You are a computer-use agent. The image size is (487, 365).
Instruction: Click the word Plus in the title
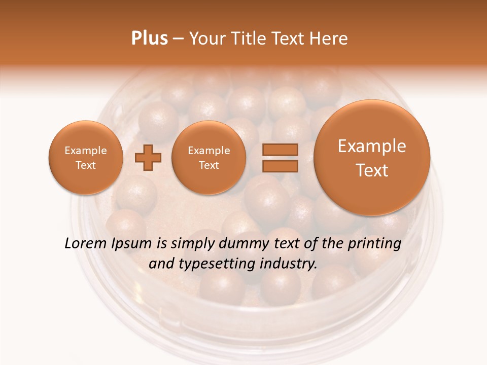[x=149, y=39]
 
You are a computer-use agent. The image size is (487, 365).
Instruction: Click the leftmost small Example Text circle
[x=86, y=158]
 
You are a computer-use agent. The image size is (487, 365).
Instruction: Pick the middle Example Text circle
[x=209, y=158]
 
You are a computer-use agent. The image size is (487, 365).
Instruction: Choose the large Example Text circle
[x=372, y=158]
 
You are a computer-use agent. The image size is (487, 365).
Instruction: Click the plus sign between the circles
[x=148, y=158]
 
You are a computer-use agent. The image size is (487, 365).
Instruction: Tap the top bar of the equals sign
[x=280, y=150]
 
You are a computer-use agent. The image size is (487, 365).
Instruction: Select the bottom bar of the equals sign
[x=280, y=166]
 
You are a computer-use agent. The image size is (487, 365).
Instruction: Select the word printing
[x=374, y=244]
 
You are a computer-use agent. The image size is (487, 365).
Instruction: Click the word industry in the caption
[x=287, y=264]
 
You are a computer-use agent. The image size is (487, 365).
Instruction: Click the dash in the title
[x=178, y=39]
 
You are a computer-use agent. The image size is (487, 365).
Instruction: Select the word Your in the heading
[x=207, y=39]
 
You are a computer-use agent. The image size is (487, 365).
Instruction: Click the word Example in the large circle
[x=372, y=146]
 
